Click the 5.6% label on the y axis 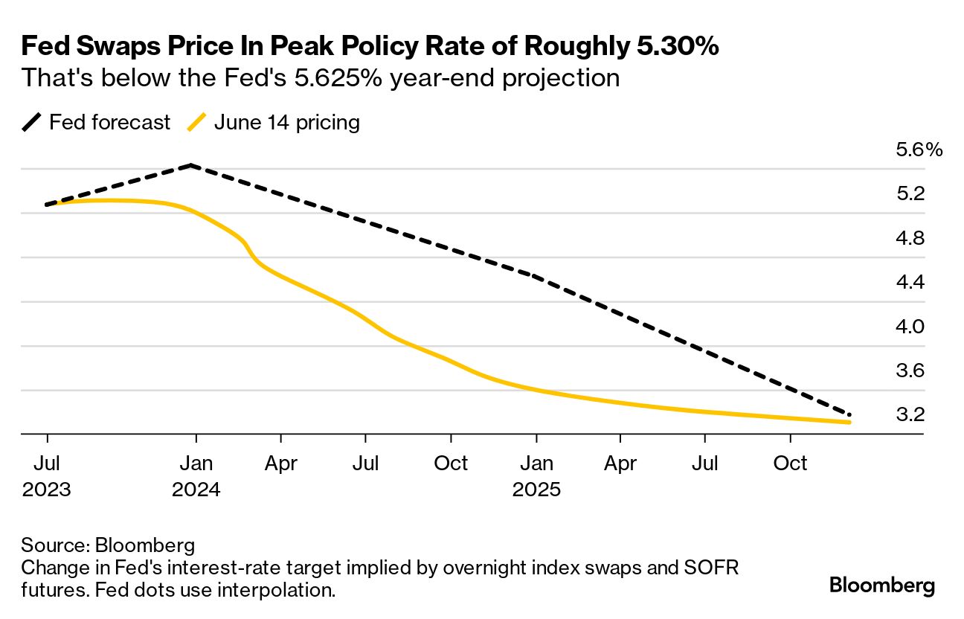coord(919,150)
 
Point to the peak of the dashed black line coord(192,165)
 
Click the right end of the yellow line coord(849,422)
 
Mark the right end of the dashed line coord(849,414)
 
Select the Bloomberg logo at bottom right coord(882,585)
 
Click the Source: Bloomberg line coord(108,544)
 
